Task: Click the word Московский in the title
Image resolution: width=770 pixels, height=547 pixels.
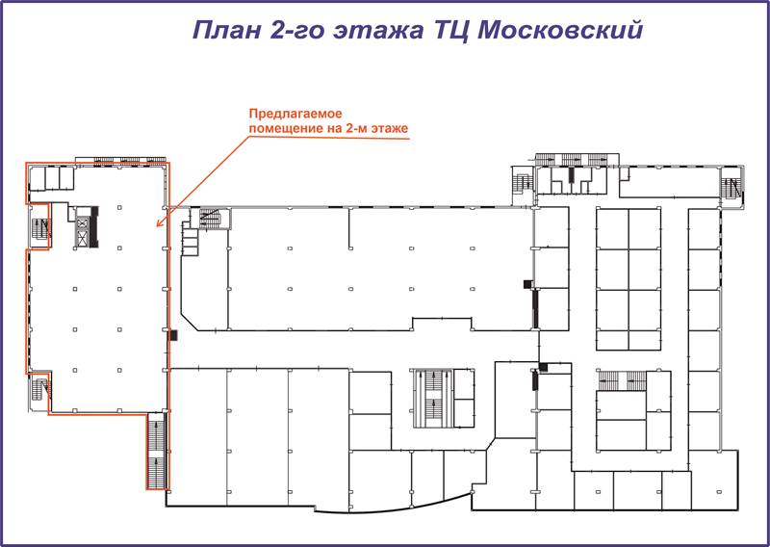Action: coord(560,30)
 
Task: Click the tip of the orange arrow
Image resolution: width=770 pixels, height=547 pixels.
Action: coord(156,227)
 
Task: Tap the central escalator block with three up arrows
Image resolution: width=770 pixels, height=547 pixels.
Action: coord(433,398)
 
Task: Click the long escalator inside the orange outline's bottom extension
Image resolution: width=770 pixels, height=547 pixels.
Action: coord(157,451)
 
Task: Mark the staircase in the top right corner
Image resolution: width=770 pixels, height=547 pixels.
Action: coord(732,185)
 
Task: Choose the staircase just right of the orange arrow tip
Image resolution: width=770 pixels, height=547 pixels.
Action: coord(214,219)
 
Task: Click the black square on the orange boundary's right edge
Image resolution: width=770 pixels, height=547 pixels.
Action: coord(173,335)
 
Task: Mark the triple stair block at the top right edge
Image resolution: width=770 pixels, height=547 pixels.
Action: coord(576,160)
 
